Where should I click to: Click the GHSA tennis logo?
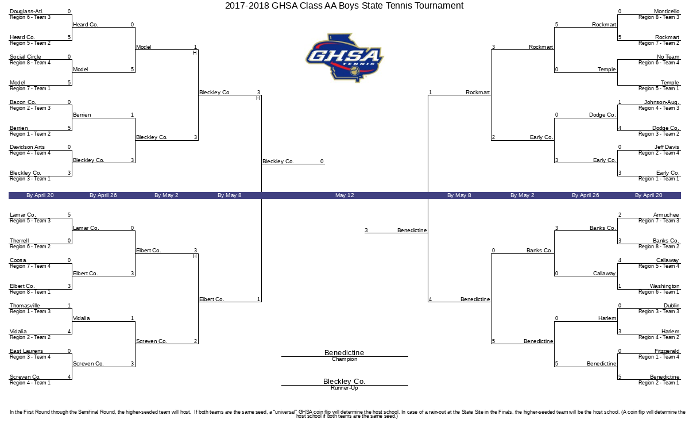344,57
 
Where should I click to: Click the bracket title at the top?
344,6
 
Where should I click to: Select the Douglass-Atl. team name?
26,11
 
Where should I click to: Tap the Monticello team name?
667,11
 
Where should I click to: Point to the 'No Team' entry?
668,57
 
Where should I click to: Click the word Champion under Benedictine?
344,359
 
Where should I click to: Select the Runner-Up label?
344,388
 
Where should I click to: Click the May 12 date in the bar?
344,195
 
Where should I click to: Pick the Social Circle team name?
25,57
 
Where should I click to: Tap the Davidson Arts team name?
27,147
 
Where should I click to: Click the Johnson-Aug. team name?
661,102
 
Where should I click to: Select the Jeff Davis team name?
667,147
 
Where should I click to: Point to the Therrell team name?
19,241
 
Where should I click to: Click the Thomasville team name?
25,306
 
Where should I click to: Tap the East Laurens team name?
26,351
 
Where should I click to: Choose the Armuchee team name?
666,215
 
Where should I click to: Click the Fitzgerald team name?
667,351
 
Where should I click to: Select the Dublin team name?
671,306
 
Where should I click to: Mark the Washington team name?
664,286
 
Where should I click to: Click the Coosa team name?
18,260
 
